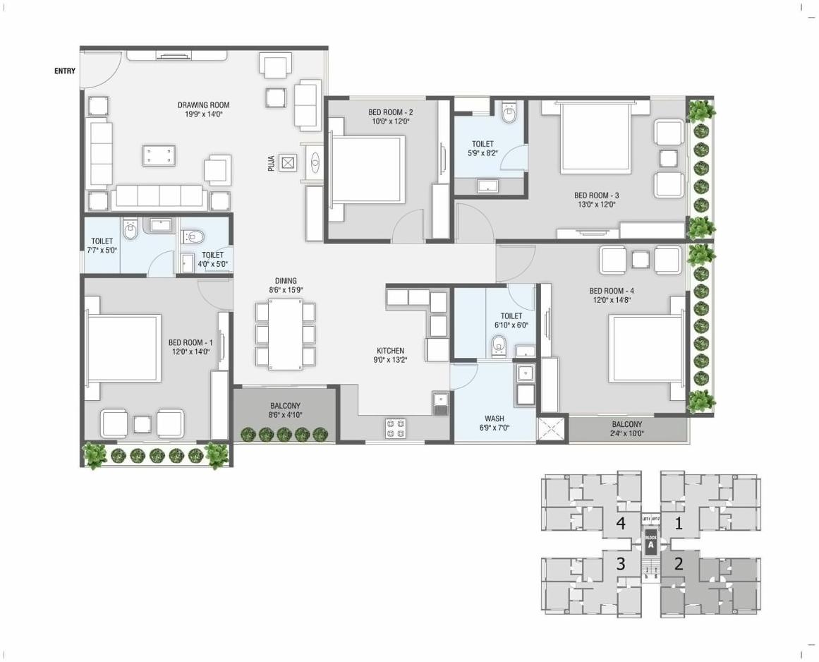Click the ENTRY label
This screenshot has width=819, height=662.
tap(65, 71)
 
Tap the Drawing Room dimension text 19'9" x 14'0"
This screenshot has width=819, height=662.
tap(203, 114)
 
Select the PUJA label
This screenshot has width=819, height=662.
tap(271, 164)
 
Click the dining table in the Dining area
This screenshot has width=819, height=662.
tap(285, 334)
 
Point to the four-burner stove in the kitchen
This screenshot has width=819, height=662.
tap(395, 428)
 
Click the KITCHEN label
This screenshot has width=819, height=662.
tap(390, 351)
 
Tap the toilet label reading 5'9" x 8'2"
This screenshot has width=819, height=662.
tap(483, 152)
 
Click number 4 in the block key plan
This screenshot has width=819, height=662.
tap(621, 524)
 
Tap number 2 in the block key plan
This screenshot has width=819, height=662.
tap(679, 564)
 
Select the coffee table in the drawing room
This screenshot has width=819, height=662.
tap(159, 155)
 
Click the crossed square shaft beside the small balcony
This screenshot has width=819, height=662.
tap(551, 429)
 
